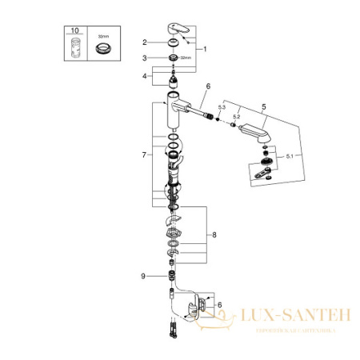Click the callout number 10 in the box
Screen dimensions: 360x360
tap(74, 30)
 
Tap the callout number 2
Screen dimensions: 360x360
tap(144, 42)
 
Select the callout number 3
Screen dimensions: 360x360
tap(144, 58)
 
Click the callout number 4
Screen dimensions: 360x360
tap(144, 78)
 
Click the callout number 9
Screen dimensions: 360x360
tap(144, 275)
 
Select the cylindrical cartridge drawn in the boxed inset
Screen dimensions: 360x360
tap(76, 47)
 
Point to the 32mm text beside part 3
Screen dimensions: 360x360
tap(186, 59)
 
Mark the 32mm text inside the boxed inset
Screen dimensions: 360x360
tap(102, 36)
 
